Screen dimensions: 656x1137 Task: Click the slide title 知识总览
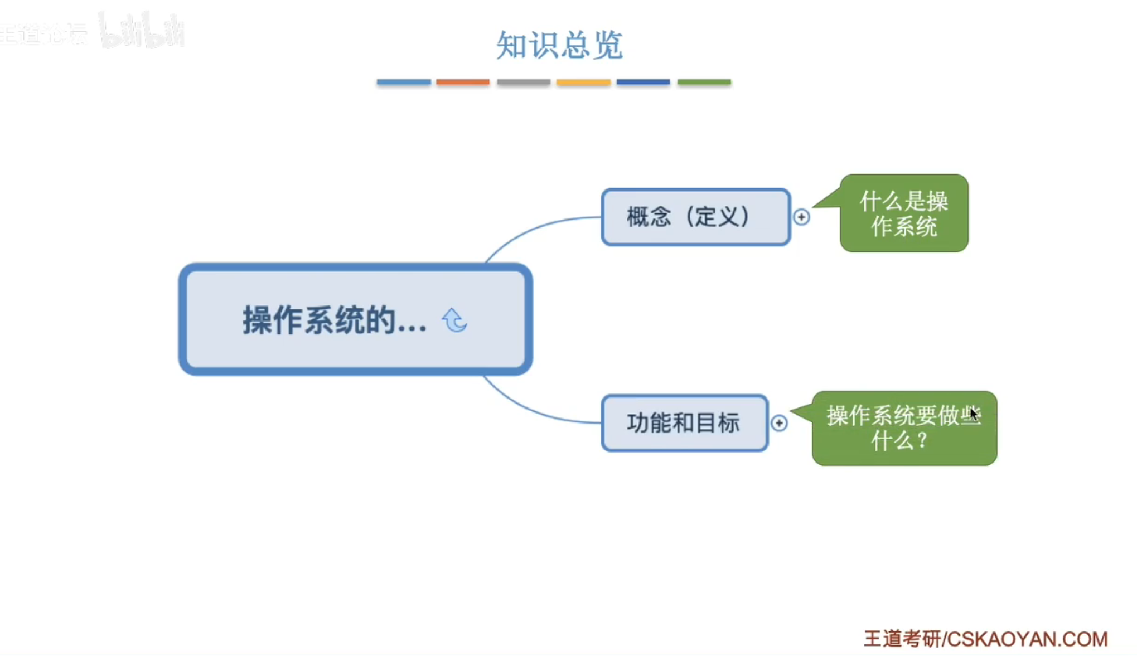click(x=559, y=45)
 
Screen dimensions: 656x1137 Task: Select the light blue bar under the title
click(x=404, y=82)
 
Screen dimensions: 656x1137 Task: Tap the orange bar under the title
click(x=463, y=82)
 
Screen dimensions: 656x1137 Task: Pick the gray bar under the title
click(x=524, y=82)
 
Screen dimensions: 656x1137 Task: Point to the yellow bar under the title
click(x=583, y=82)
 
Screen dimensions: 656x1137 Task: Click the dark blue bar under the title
click(x=643, y=82)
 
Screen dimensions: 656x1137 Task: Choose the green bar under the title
click(x=704, y=82)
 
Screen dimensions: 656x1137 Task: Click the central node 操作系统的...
click(x=335, y=320)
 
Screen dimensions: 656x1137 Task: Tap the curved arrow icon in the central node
click(x=454, y=320)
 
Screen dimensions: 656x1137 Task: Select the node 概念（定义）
click(x=695, y=217)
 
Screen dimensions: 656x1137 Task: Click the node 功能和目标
click(x=684, y=423)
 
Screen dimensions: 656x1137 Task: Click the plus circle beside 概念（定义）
click(x=801, y=217)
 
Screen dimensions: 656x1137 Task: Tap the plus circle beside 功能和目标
click(x=779, y=423)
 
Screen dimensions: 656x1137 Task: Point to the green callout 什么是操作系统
click(x=903, y=213)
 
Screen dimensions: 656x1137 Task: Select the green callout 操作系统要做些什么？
click(x=903, y=428)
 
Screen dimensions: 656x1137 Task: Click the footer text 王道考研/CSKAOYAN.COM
click(x=985, y=639)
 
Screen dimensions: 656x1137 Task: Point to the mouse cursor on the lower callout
click(x=974, y=414)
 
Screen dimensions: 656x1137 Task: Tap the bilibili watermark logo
click(x=142, y=31)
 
